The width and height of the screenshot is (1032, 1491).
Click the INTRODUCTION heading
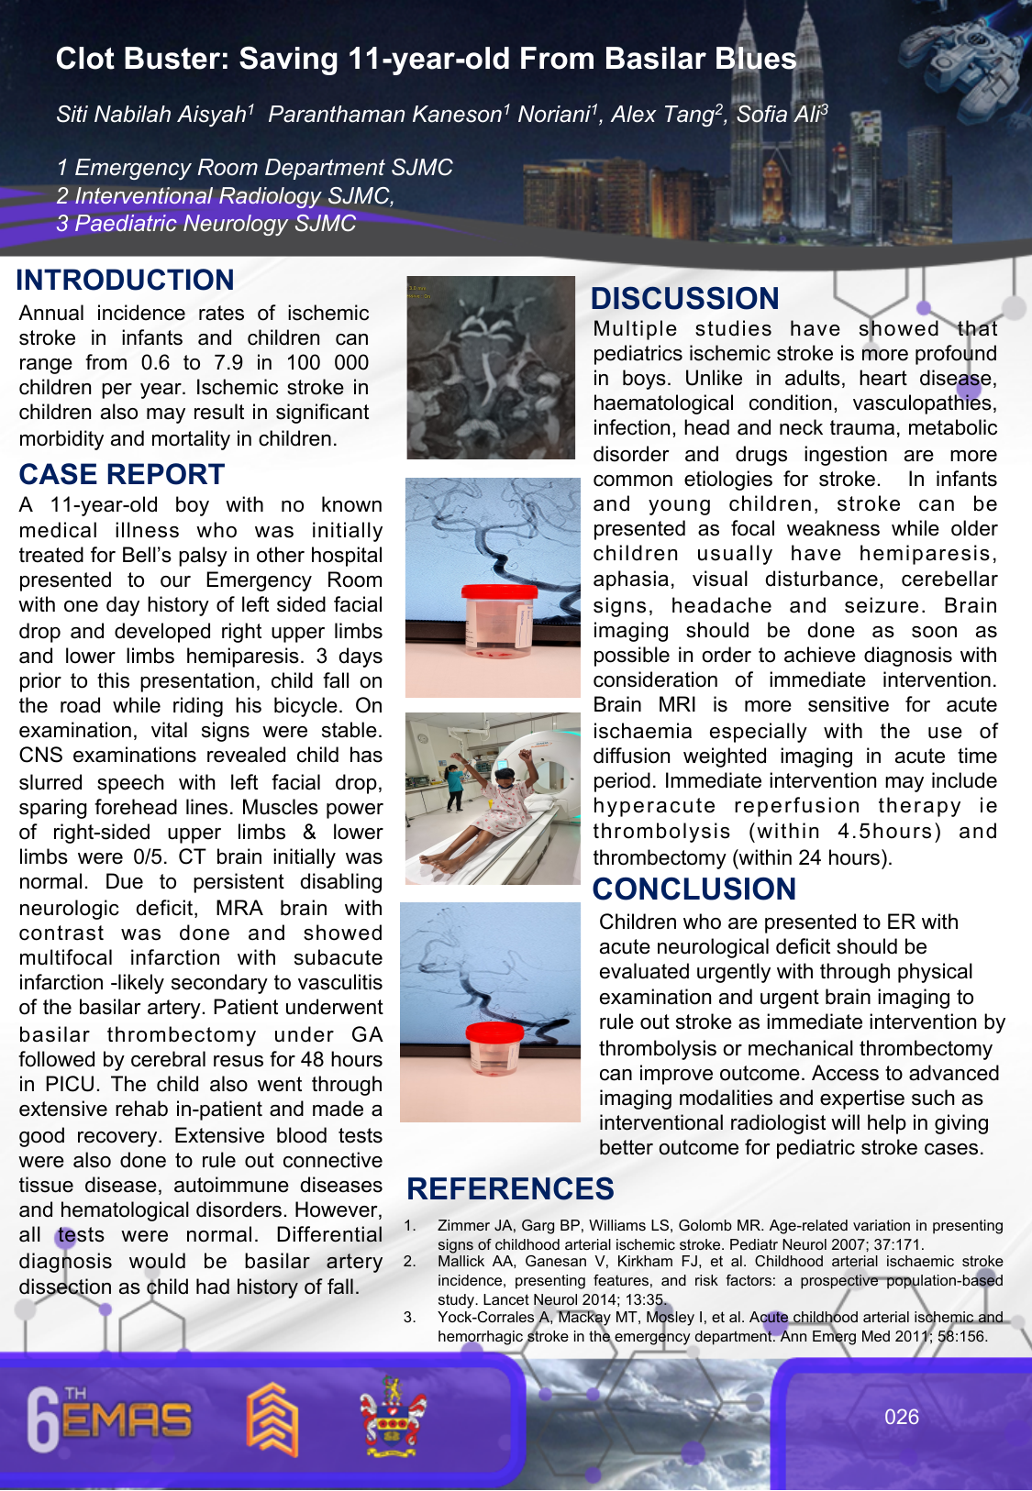125,280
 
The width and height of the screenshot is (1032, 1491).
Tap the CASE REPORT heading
121,474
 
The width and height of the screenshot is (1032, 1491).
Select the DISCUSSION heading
684,298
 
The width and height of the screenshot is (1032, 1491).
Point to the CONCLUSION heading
694,889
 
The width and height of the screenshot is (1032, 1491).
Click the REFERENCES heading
510,1188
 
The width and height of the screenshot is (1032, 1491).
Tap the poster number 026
901,1417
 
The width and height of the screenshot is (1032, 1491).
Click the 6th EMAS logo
108,1419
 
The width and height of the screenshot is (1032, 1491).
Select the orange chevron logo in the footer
272,1419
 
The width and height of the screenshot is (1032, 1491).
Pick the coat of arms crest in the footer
393,1417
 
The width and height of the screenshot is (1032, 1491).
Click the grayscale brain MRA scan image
491,368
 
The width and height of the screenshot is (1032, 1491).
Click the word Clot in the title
83,59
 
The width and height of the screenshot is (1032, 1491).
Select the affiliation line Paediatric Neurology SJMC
205,224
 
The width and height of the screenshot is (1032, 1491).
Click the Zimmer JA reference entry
719,1234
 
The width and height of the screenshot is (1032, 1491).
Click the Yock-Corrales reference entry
719,1327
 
